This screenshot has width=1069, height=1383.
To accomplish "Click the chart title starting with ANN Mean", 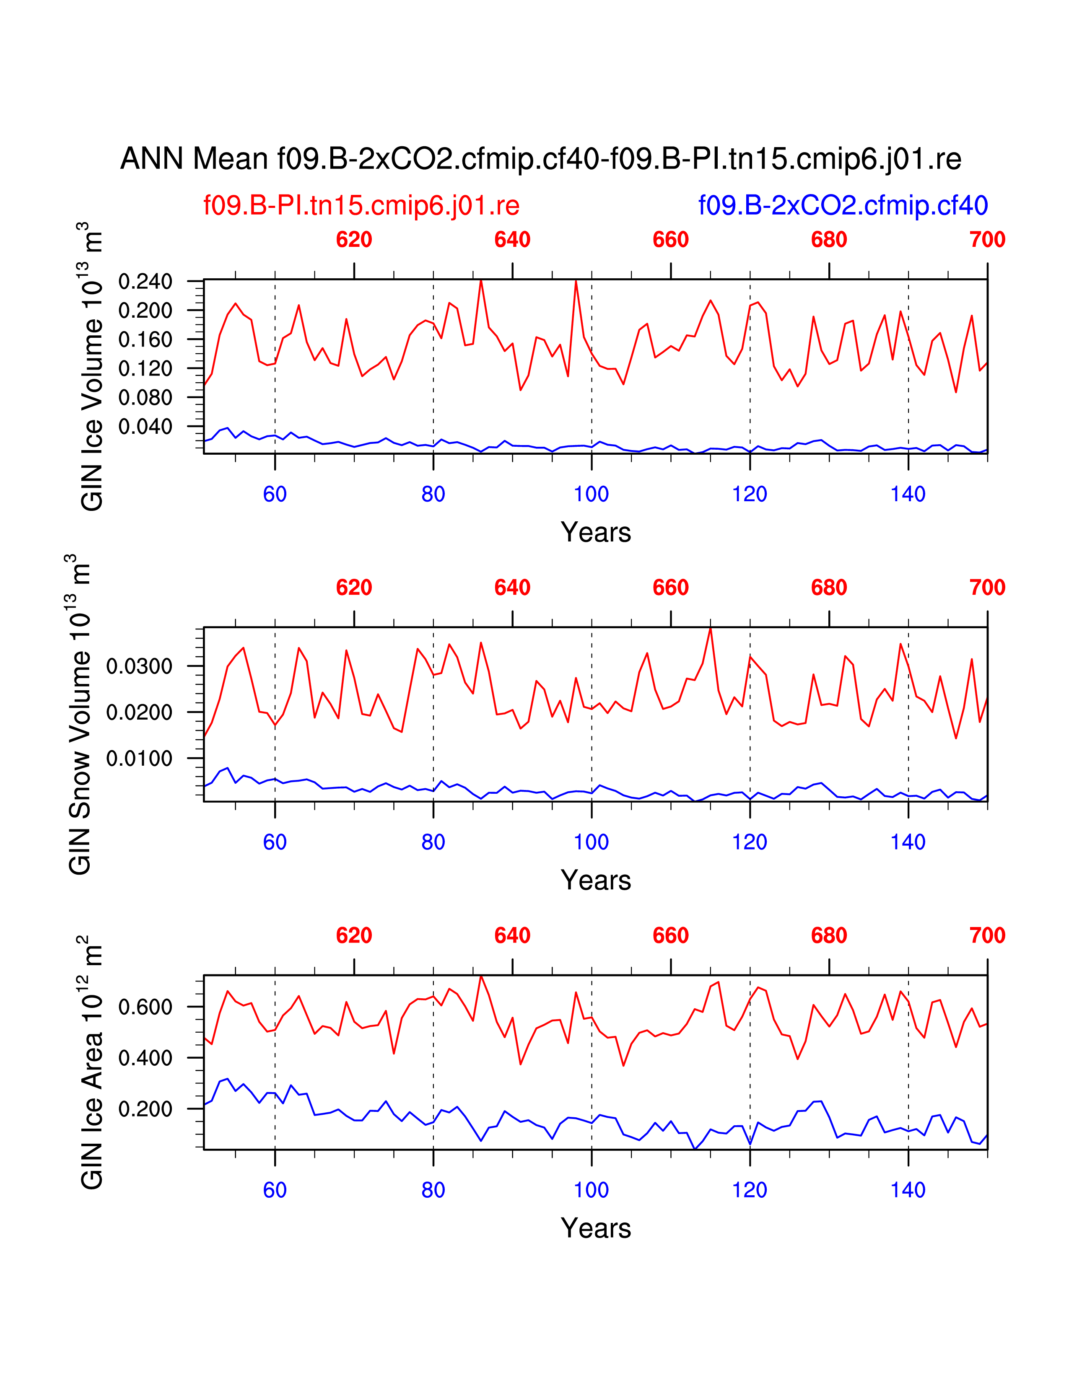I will (540, 159).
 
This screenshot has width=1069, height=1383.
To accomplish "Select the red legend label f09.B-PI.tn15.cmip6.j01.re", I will (361, 206).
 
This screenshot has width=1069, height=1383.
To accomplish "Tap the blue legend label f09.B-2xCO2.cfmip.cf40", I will (843, 206).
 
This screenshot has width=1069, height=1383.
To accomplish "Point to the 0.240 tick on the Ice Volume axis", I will (145, 281).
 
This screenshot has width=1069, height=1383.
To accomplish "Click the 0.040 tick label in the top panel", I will (145, 427).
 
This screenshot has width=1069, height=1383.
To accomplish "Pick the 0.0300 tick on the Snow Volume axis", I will (139, 666).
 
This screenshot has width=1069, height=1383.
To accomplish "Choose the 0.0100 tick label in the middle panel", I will (139, 758).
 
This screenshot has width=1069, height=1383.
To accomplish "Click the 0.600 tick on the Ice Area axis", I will (145, 1007).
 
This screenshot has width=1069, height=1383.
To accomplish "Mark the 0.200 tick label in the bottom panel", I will (145, 1109).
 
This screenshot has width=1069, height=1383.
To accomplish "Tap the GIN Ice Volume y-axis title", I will (92, 367).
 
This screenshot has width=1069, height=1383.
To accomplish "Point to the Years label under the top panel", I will (595, 533).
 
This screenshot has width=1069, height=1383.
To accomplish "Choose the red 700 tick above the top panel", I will (987, 240).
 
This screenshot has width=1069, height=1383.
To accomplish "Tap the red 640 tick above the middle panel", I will (512, 588).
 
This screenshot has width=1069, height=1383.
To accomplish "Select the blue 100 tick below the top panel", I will (591, 494).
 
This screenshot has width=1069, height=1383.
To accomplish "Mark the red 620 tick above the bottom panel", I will (354, 935).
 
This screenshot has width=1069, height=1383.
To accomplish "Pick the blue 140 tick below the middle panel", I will (908, 842).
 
